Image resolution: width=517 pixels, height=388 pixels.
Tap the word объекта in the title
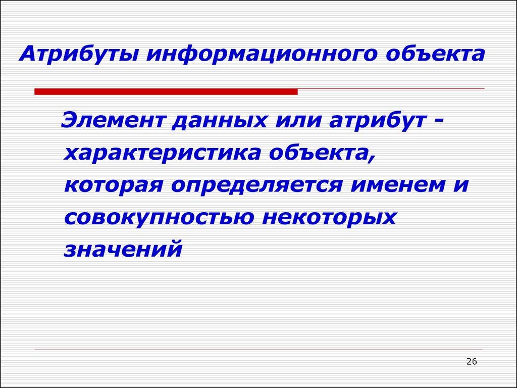click(435, 54)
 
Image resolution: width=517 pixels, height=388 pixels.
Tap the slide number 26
click(472, 361)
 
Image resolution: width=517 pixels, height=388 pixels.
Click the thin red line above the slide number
click(258, 349)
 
